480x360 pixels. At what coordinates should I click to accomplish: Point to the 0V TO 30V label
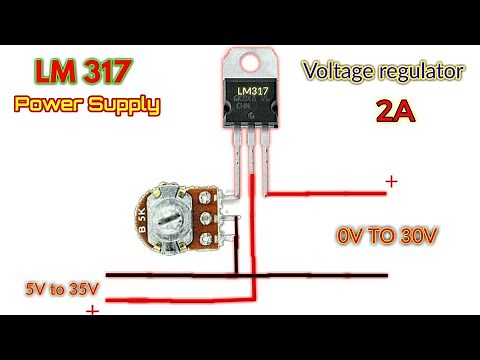click(386, 237)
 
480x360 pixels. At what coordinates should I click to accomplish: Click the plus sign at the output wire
click(391, 181)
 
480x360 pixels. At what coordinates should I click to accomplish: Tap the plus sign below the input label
click(92, 311)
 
